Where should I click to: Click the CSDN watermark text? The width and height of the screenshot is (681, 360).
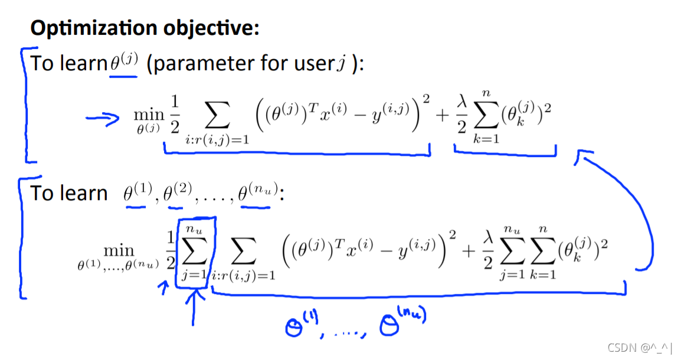641,348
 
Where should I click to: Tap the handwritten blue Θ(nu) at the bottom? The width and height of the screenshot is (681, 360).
403,323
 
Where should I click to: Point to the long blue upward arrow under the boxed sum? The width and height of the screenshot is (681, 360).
192,307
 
